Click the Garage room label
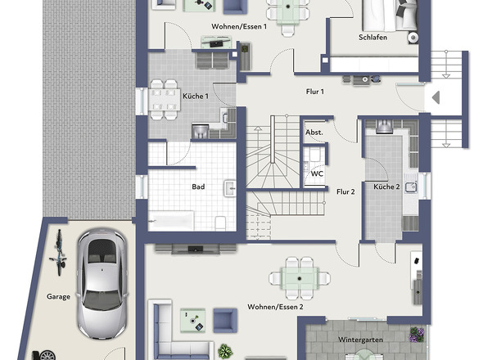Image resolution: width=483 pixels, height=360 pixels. (58, 296)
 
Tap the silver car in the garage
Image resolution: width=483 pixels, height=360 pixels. (102, 284)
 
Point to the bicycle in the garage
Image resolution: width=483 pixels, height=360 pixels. (58, 252)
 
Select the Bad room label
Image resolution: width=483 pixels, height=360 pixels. (198, 187)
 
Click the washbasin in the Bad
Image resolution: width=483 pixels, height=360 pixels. (230, 188)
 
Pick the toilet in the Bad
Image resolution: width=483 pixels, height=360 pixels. (220, 223)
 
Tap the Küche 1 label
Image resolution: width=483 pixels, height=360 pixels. (196, 96)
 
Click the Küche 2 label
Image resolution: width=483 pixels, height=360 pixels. (386, 187)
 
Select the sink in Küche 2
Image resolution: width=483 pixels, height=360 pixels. (411, 187)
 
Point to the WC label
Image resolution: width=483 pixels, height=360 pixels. (317, 173)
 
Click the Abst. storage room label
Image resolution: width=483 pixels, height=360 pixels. (314, 133)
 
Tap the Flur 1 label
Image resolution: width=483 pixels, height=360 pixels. (315, 92)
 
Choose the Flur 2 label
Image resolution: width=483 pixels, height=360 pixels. (345, 191)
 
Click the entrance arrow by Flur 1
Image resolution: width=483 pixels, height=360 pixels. (436, 97)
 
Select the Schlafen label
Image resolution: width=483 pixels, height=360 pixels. (372, 38)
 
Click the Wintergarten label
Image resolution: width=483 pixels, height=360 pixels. (361, 340)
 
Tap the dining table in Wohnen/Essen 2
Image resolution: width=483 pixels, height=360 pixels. (300, 278)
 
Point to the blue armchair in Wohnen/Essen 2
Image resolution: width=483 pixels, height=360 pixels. (225, 320)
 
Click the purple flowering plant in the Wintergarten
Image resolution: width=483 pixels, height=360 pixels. (417, 335)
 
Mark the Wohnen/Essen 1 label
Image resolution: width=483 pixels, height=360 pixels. (239, 26)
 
